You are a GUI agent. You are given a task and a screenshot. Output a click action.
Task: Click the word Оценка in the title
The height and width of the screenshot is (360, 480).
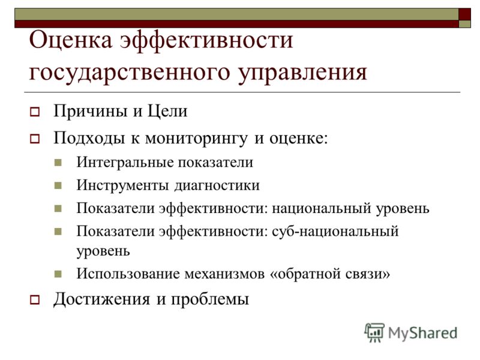[x=71, y=40]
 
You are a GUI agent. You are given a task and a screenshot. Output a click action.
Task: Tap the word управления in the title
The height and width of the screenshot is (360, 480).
[x=303, y=73]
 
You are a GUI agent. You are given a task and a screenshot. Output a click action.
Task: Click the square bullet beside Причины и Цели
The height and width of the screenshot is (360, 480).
[x=35, y=112]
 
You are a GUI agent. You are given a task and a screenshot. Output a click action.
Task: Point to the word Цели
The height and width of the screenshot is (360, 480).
[x=167, y=111]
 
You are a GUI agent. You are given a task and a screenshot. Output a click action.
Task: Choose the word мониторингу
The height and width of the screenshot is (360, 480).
[x=196, y=139]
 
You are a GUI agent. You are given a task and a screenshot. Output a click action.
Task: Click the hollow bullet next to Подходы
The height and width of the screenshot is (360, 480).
[x=35, y=139]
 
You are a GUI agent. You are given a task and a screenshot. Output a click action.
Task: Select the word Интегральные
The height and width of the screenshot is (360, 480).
[x=125, y=162]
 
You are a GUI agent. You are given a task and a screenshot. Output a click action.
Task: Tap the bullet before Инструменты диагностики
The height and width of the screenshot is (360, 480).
[x=58, y=185]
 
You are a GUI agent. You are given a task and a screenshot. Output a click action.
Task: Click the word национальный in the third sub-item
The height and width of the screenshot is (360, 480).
[x=322, y=208]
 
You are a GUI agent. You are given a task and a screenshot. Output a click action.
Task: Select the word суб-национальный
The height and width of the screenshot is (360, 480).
[x=335, y=231]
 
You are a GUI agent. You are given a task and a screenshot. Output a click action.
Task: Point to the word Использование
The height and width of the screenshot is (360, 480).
[x=128, y=274]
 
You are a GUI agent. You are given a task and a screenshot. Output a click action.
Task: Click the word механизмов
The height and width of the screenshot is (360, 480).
[x=224, y=274]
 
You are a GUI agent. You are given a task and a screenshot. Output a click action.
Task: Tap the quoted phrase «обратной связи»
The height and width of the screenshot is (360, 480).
[x=330, y=274]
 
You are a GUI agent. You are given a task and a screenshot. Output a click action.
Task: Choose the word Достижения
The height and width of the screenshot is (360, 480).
[x=101, y=299]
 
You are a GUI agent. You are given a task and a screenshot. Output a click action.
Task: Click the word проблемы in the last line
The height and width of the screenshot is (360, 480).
[x=209, y=299]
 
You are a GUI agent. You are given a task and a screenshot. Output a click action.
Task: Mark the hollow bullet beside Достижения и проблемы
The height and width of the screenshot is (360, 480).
[x=35, y=299]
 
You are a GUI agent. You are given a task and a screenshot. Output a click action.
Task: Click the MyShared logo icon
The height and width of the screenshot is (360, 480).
[x=374, y=332]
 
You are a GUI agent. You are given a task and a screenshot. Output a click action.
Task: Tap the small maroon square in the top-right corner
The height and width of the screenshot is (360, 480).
[x=464, y=14]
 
